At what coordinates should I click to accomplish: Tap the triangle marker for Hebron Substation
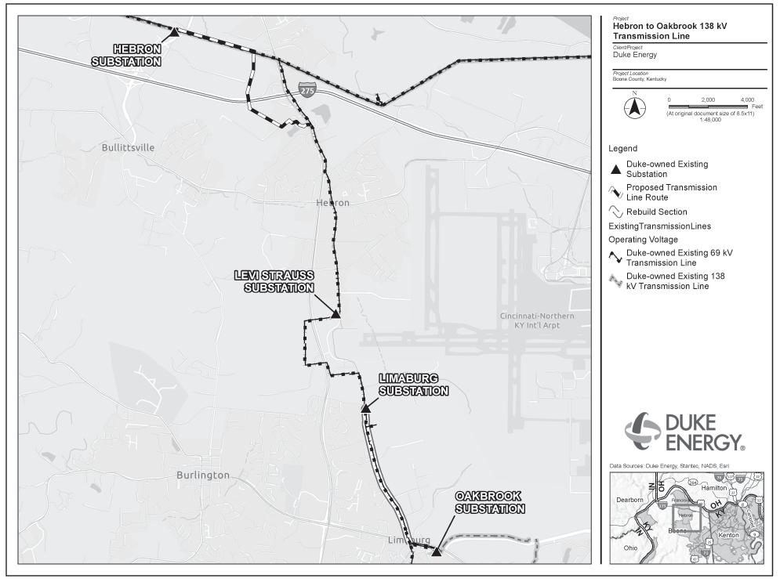pyautogui.click(x=175, y=32)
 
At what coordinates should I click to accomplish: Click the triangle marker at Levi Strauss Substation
pyautogui.click(x=335, y=314)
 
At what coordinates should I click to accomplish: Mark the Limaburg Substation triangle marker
pyautogui.click(x=365, y=408)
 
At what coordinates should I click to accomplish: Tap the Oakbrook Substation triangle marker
pyautogui.click(x=436, y=551)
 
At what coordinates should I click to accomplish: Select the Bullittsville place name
pyautogui.click(x=129, y=147)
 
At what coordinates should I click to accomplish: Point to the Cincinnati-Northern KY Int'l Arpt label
pyautogui.click(x=537, y=320)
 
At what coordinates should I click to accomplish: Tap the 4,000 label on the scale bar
pyautogui.click(x=746, y=100)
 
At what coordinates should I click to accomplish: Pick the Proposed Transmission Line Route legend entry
pyautogui.click(x=671, y=193)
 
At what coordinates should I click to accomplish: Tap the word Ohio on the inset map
pyautogui.click(x=630, y=548)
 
